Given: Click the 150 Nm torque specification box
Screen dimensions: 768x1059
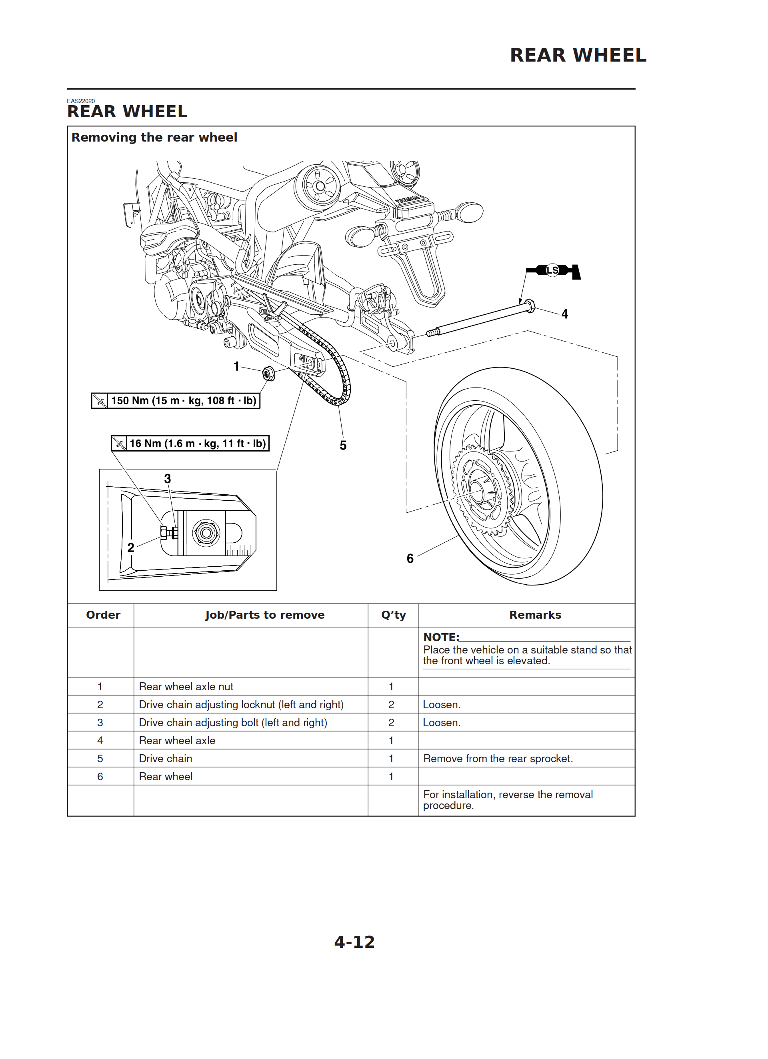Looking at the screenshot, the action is point(176,401).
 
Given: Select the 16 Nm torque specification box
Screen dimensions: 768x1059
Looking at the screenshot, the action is point(190,443).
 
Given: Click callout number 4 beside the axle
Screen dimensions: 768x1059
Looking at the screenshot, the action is point(565,314).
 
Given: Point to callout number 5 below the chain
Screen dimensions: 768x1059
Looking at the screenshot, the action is point(343,446).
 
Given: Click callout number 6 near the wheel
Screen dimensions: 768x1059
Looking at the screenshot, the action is point(410,558).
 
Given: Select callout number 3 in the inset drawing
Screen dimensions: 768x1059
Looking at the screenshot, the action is point(168,479).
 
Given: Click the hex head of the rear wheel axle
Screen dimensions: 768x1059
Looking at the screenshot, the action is point(529,306).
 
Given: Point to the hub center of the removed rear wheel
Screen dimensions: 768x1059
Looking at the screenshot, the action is point(477,492).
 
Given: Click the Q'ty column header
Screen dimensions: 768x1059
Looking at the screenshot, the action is point(393,615).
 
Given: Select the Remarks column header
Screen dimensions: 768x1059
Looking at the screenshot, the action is point(535,615).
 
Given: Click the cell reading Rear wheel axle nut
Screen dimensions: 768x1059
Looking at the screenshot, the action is point(186,686).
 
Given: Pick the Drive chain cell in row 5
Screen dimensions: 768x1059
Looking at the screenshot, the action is point(165,758).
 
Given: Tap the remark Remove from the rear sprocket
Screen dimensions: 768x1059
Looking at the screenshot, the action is point(498,758).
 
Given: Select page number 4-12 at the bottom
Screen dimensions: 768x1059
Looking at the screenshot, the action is point(354,942).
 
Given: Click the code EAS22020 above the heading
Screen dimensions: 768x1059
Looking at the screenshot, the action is point(81,101).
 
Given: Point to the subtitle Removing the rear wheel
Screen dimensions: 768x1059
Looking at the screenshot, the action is point(154,137).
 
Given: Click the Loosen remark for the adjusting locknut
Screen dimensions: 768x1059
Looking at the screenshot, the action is point(442,705).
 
